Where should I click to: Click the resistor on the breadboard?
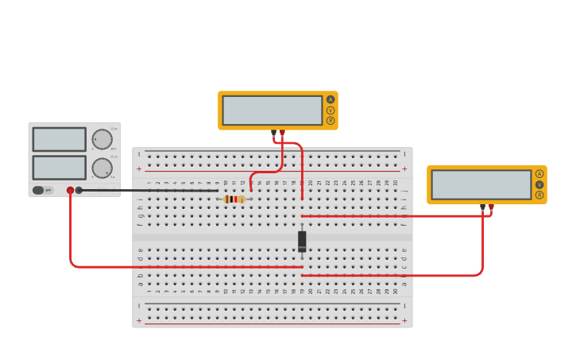(x=234, y=199)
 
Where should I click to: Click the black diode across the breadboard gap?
(x=302, y=241)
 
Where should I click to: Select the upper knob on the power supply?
(x=102, y=139)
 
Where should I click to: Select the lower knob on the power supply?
(x=102, y=168)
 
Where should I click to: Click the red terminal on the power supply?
(x=70, y=190)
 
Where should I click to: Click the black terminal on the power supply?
(x=79, y=190)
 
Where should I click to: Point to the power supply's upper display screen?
(x=59, y=139)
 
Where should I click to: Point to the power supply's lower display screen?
(x=59, y=167)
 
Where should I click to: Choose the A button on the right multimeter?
(x=539, y=174)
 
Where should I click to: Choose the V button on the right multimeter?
(x=539, y=184)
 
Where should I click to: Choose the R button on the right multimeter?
(x=539, y=195)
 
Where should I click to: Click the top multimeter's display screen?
(x=272, y=110)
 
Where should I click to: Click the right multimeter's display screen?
(x=481, y=184)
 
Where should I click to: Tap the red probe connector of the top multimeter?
(x=282, y=133)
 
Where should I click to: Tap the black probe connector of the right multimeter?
(x=482, y=207)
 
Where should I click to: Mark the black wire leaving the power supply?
(x=151, y=191)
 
